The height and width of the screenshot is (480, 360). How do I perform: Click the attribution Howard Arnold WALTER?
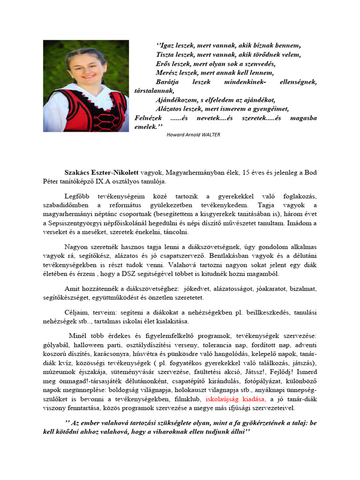click(193, 134)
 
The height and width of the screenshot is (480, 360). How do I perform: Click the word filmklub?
click(187, 399)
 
